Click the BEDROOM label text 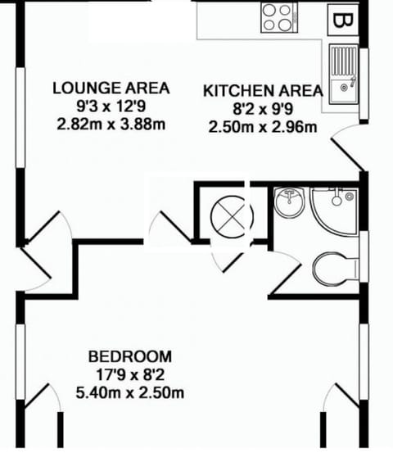(130, 356)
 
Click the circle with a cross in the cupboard (232, 217)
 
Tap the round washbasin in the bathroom (288, 202)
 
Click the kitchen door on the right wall (346, 147)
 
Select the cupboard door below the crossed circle (225, 260)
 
